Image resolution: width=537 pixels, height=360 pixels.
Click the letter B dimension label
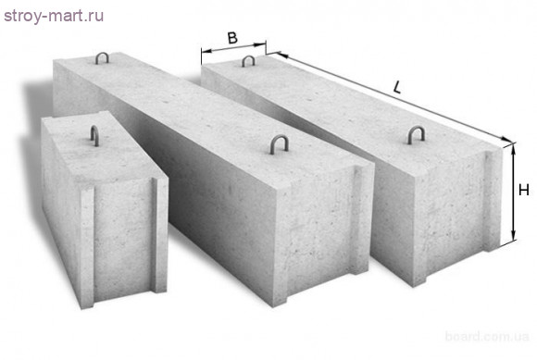233,38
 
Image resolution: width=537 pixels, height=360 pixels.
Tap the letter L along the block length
396,89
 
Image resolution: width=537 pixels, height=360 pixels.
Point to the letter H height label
523,191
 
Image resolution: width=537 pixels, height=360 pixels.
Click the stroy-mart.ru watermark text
52,16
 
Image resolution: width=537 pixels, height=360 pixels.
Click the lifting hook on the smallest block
95,135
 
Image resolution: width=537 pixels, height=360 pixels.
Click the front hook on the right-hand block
415,135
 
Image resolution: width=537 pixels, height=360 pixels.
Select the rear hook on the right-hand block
247,61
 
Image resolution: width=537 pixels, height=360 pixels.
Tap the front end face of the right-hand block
440,213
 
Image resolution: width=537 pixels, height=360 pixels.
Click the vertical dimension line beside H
511,194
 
